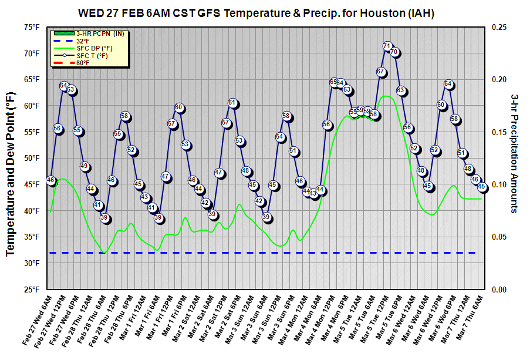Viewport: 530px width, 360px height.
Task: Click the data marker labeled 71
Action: (387, 46)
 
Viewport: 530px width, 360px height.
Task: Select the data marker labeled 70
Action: (394, 52)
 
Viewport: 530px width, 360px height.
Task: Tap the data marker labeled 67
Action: (380, 72)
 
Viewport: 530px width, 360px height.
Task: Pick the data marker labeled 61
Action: (232, 103)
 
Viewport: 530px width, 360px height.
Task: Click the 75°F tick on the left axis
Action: (32, 27)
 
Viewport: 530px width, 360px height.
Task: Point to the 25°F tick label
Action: (32, 290)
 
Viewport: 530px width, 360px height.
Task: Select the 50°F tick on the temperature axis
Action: (32, 159)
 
